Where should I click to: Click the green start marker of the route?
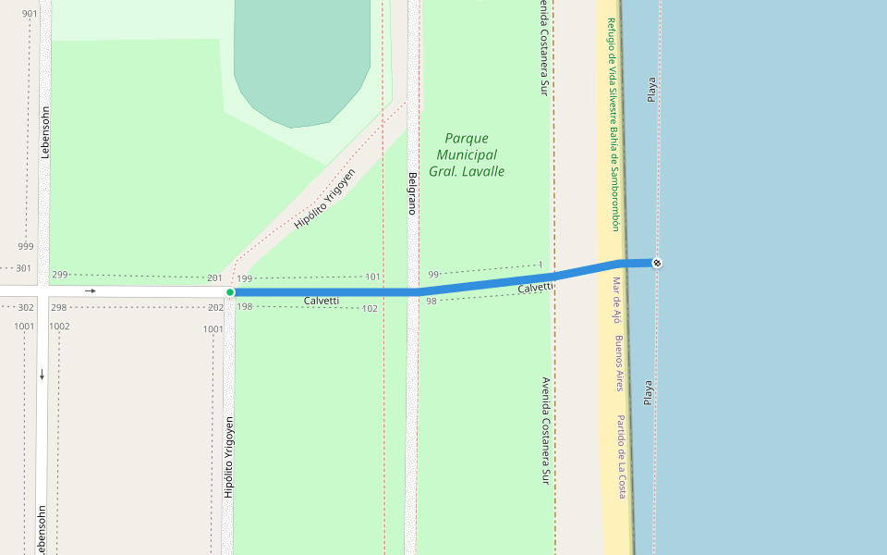click(x=230, y=292)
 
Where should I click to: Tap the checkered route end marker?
click(x=656, y=263)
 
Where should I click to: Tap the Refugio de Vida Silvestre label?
click(x=613, y=124)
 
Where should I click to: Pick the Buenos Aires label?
click(x=619, y=363)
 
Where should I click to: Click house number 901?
click(x=30, y=14)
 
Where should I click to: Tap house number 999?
click(x=25, y=246)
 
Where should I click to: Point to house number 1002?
click(x=59, y=327)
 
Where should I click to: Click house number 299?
click(x=60, y=275)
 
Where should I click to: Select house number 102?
click(x=370, y=309)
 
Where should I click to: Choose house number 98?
click(x=431, y=302)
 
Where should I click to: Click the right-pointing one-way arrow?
click(x=91, y=291)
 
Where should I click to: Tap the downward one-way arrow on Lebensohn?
click(x=43, y=374)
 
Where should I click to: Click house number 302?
click(x=25, y=307)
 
